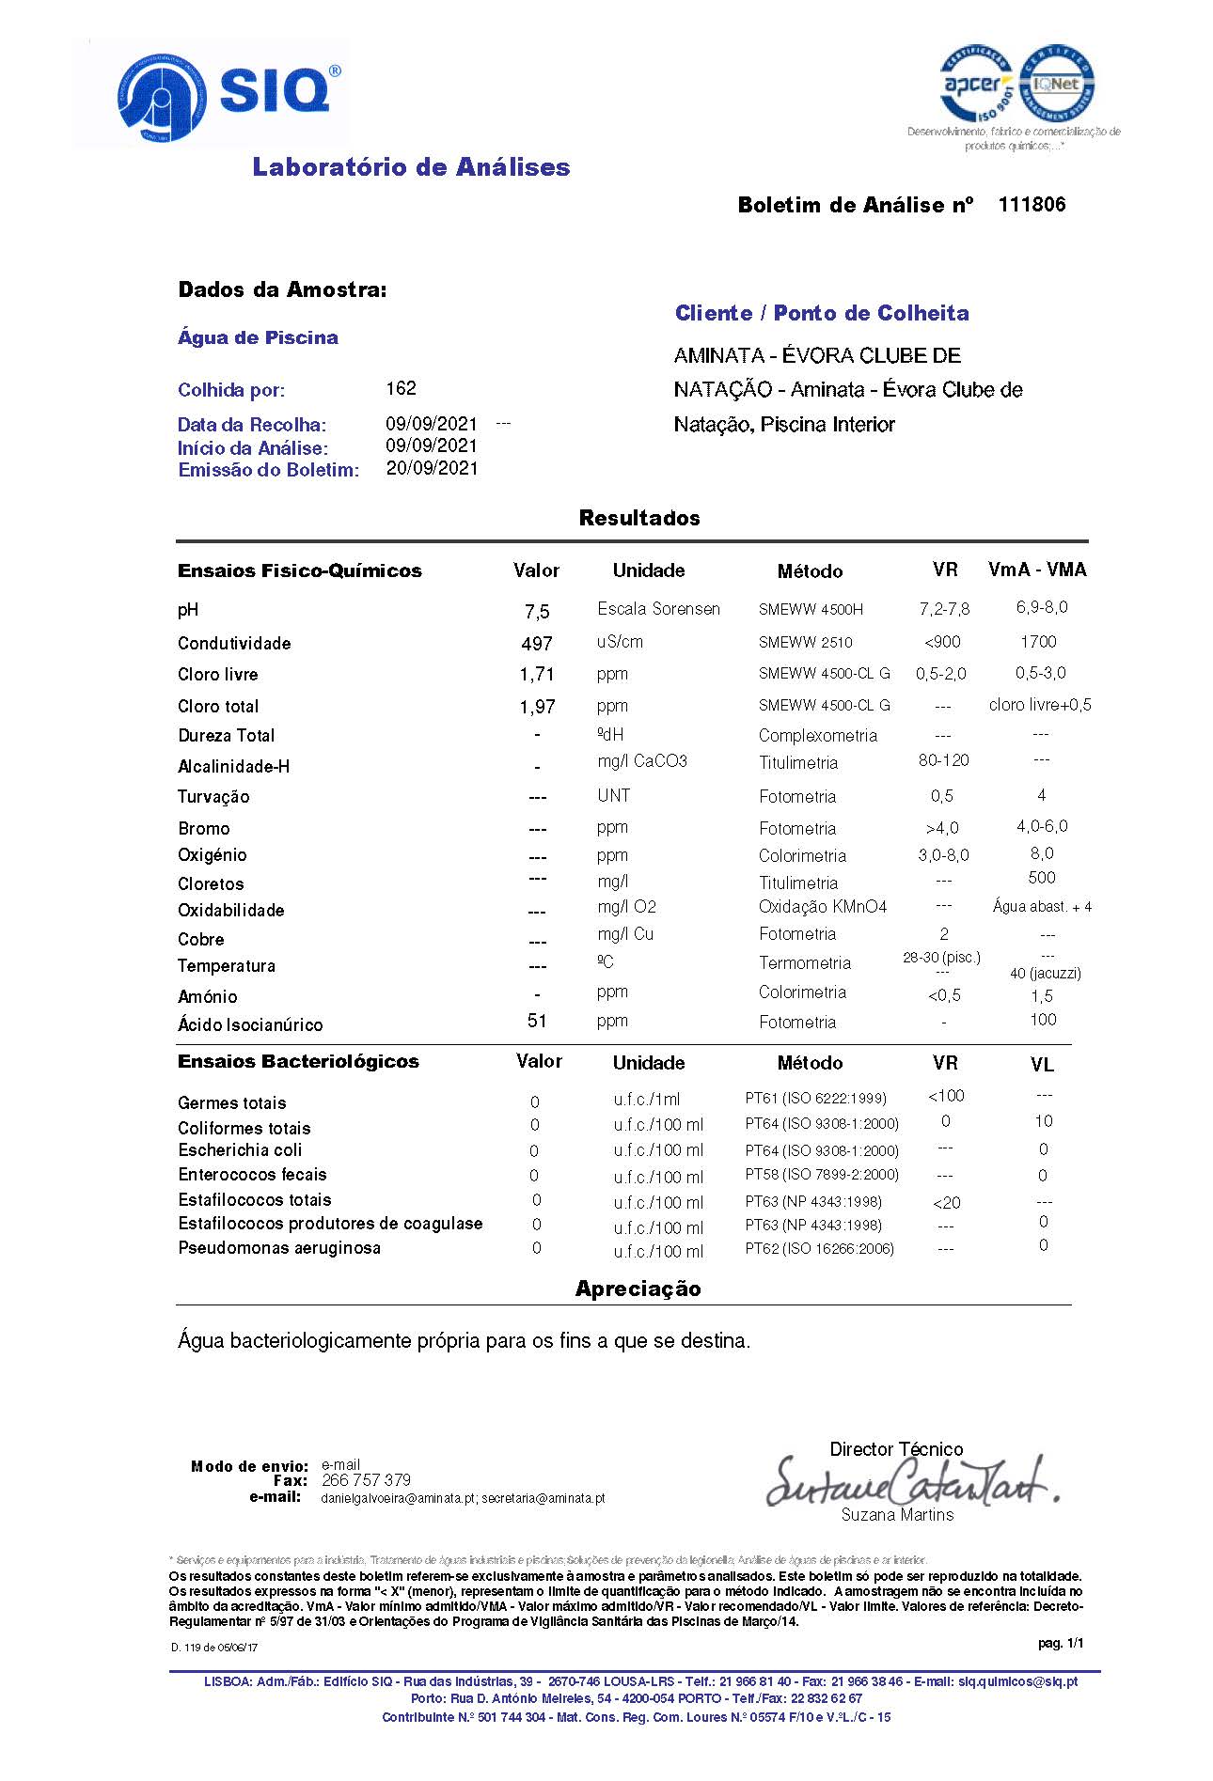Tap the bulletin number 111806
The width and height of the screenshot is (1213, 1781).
(x=1032, y=205)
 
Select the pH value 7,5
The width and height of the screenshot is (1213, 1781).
(x=537, y=612)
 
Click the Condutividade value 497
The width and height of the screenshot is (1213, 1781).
(x=537, y=644)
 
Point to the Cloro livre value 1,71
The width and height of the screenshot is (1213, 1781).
(x=537, y=675)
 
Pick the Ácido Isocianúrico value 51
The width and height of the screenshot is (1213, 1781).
(x=537, y=1021)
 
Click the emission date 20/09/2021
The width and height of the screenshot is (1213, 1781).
(x=432, y=468)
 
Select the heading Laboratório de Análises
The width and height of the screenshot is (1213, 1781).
(x=411, y=167)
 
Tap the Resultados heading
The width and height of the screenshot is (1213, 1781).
(x=639, y=518)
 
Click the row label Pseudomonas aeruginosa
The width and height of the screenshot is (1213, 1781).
(x=279, y=1248)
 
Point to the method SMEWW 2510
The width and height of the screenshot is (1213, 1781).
(x=805, y=643)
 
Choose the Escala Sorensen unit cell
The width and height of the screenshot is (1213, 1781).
(x=658, y=609)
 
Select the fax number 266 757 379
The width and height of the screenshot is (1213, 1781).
(x=366, y=1480)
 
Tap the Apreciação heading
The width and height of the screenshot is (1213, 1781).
(x=638, y=1289)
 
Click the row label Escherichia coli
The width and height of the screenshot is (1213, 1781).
(x=240, y=1150)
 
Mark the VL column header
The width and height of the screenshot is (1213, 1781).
(x=1042, y=1065)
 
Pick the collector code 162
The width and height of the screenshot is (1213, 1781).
(x=401, y=388)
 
